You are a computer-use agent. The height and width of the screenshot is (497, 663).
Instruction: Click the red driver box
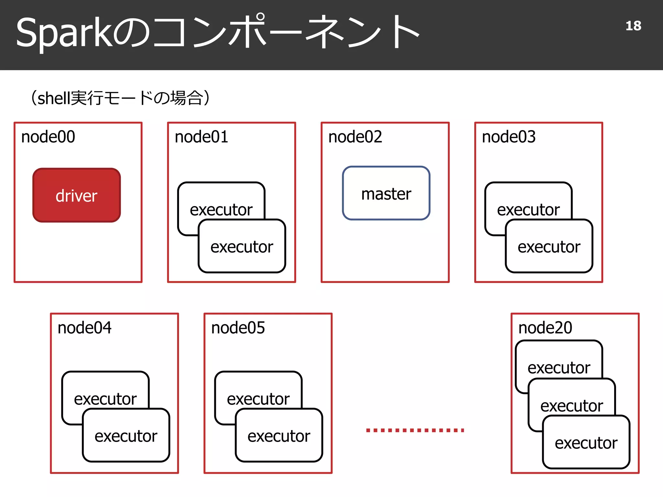(x=77, y=195)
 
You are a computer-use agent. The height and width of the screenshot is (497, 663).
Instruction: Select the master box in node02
(x=386, y=193)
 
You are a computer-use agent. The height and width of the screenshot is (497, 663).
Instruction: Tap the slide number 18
(x=633, y=26)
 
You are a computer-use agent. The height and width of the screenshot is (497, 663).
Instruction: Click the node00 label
(x=48, y=137)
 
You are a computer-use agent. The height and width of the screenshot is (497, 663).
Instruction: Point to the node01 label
(x=201, y=137)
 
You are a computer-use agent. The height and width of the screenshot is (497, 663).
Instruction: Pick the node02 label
(x=355, y=137)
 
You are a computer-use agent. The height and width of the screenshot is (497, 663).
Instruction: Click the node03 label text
(x=509, y=137)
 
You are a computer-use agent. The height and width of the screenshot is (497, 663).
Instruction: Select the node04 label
(x=84, y=328)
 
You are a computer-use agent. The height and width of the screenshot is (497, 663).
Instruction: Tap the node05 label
(x=238, y=328)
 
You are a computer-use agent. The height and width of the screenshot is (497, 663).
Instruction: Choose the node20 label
(x=545, y=328)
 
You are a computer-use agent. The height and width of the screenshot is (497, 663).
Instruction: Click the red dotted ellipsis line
(x=415, y=430)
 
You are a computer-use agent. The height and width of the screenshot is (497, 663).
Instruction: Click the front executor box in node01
(x=242, y=247)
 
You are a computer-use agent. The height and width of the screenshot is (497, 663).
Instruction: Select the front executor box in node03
(x=549, y=247)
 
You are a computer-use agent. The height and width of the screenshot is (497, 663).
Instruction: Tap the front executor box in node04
(x=126, y=436)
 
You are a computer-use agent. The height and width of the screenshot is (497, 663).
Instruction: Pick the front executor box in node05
(x=279, y=436)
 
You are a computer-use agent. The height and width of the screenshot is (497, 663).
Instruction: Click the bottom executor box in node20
(x=586, y=443)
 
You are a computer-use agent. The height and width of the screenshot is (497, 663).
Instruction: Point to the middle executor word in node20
(x=571, y=406)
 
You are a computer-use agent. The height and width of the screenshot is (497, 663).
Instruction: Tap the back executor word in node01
(x=221, y=210)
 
